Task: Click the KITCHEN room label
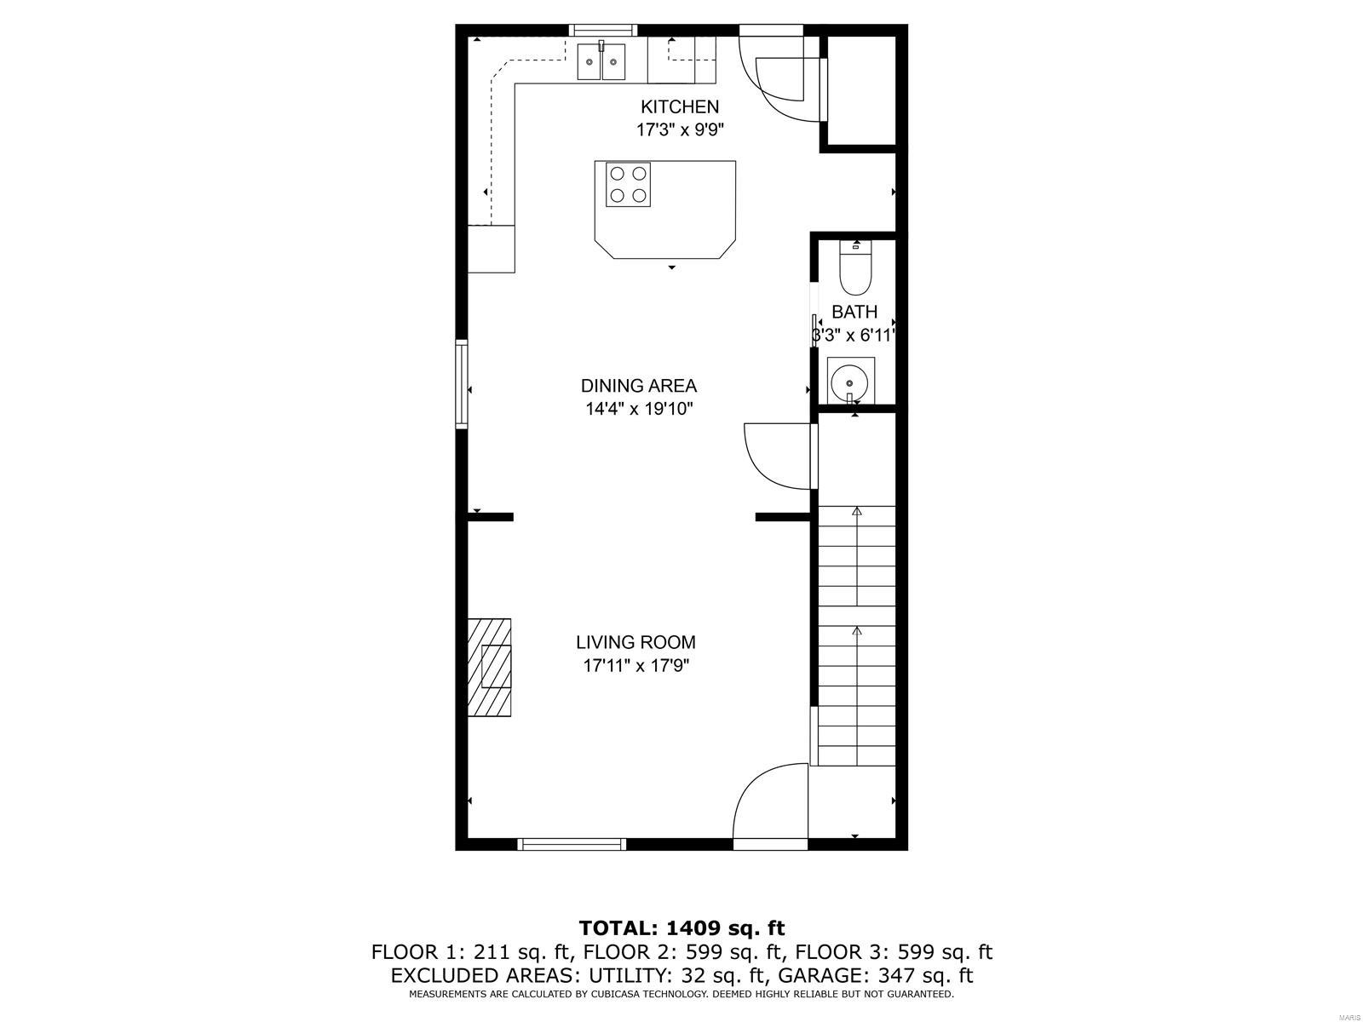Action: coord(679,106)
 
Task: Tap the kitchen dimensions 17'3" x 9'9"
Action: coord(679,130)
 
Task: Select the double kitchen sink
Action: coord(601,61)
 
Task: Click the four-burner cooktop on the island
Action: coord(628,184)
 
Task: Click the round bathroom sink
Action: coord(849,382)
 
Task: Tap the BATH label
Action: coord(854,312)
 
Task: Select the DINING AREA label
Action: coord(638,386)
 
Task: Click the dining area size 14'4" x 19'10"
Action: coord(638,409)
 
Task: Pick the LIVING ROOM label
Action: coord(635,642)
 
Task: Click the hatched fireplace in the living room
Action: coord(489,668)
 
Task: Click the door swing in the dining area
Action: coord(777,456)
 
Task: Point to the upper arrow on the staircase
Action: coord(857,512)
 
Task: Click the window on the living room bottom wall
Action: coord(572,844)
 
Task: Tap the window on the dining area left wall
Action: coord(462,383)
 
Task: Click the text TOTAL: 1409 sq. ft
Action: coord(681,927)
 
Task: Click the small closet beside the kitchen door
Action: coord(861,90)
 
